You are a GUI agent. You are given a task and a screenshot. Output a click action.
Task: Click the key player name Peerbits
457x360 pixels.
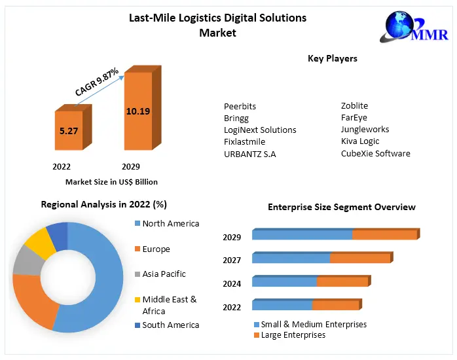[240, 106]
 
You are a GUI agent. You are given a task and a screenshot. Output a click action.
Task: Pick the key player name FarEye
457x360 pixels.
[354, 118]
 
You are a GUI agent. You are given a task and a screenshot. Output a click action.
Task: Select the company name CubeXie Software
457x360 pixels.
[375, 154]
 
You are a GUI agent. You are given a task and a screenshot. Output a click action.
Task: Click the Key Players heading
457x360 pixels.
[333, 59]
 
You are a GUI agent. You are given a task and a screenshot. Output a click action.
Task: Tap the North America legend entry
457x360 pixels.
[170, 224]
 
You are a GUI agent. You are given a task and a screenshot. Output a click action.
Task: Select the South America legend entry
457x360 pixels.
[170, 325]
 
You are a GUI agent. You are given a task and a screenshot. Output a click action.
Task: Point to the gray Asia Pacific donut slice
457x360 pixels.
[26, 261]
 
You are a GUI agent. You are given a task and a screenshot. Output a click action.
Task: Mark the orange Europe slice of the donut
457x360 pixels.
[31, 301]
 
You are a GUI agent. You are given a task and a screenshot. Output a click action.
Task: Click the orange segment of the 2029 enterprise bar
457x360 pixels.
[384, 235]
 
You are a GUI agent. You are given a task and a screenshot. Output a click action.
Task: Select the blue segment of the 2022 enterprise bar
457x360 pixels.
[282, 306]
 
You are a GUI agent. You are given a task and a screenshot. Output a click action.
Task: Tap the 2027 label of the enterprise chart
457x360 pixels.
[232, 261]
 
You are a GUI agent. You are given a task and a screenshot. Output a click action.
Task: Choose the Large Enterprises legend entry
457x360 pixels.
[293, 335]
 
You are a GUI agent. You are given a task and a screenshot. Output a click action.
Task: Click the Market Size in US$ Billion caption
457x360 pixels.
[111, 182]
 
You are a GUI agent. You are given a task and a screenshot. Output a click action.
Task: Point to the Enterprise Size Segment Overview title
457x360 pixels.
[341, 207]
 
